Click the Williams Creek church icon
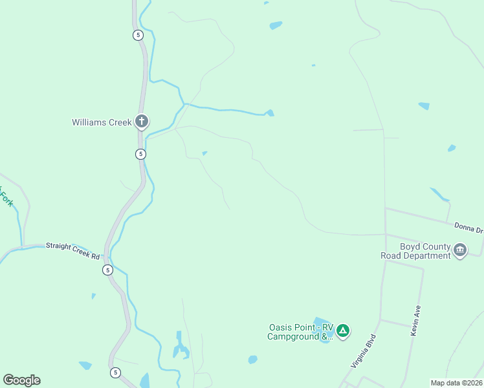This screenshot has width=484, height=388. tap(142, 122)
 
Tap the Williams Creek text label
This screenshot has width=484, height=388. tap(102, 122)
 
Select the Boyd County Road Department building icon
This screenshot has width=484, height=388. tap(460, 250)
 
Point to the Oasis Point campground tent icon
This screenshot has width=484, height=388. tap(343, 332)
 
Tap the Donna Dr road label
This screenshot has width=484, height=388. tap(468, 227)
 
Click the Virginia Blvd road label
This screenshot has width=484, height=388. tap(363, 351)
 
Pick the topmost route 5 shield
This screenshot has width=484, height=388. tap(138, 35)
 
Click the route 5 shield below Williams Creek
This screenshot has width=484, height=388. tap(140, 154)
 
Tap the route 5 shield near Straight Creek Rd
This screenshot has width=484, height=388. tap(107, 270)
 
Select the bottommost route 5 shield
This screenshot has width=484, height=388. tap(115, 372)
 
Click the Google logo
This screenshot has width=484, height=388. tap(22, 380)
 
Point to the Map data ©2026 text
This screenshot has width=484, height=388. tap(456, 383)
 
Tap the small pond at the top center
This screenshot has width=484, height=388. tap(276, 26)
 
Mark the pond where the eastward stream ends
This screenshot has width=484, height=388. tap(270, 113)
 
